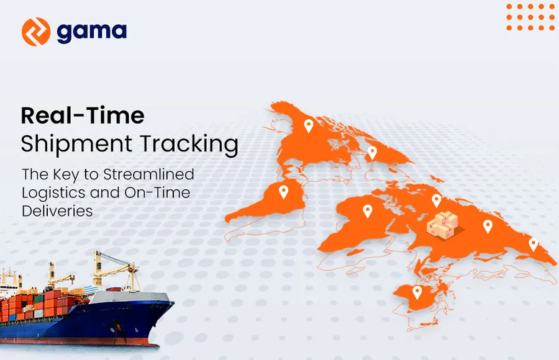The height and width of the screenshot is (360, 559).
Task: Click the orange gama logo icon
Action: tap(35, 32)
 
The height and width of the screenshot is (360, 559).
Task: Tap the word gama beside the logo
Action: tap(91, 32)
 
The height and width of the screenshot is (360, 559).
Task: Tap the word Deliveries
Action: tap(57, 211)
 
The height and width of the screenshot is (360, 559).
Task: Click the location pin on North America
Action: tap(308, 126)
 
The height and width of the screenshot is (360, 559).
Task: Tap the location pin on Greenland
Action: tap(372, 152)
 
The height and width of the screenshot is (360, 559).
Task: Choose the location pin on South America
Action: tap(283, 192)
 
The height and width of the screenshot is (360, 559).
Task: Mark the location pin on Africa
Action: tap(367, 212)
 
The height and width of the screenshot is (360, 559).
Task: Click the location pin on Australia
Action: tap(417, 292)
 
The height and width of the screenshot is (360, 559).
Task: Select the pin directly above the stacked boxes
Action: tap(437, 200)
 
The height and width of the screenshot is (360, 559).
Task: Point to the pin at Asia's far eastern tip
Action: tap(533, 244)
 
